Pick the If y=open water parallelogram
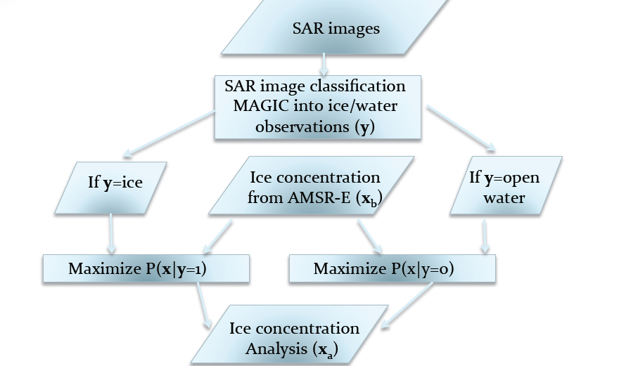(504, 185)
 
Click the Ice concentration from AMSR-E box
(313, 185)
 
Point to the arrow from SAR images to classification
(323, 65)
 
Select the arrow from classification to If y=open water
(461, 129)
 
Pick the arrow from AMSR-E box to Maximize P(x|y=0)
(369, 237)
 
